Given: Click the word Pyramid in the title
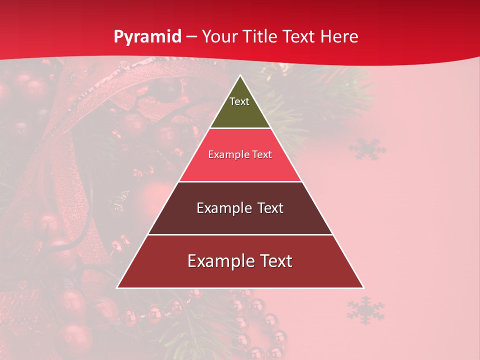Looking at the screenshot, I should [x=147, y=37].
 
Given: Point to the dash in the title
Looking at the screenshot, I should [x=191, y=37].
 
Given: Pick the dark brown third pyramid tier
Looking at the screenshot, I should [x=240, y=220].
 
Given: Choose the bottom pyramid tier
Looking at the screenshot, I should [x=240, y=275].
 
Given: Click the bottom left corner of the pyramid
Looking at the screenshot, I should [x=118, y=287].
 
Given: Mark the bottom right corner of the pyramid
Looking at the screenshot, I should [x=363, y=287].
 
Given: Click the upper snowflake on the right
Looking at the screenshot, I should [x=367, y=149].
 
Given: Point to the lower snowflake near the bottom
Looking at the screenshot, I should [x=365, y=310].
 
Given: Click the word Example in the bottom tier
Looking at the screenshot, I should [x=220, y=261].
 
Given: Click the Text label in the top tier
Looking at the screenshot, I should [x=239, y=101].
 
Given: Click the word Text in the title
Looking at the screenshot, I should [x=299, y=37].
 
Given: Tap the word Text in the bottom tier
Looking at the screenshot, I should [x=274, y=261].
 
